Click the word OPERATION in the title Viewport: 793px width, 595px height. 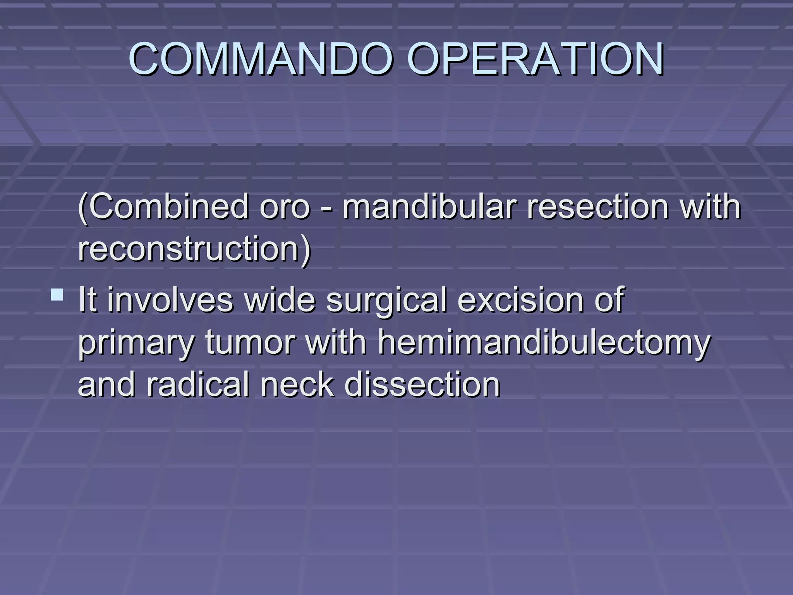click(x=536, y=59)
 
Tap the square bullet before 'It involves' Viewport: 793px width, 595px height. click(x=57, y=295)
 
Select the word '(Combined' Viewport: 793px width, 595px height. click(x=163, y=207)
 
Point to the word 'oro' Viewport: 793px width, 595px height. click(x=285, y=208)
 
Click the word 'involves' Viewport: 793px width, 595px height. click(x=170, y=300)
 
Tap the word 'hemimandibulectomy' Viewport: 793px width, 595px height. click(x=544, y=343)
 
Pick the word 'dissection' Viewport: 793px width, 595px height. click(x=422, y=385)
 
